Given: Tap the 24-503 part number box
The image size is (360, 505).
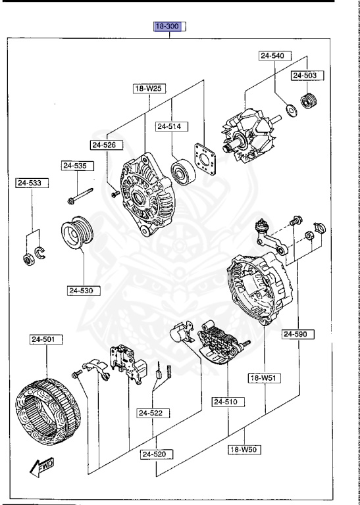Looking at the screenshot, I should tap(305, 76).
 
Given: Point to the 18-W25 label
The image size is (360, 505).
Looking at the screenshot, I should tap(149, 88).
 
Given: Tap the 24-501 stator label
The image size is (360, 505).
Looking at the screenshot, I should tap(46, 340).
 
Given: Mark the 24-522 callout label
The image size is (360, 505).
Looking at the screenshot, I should tap(153, 413).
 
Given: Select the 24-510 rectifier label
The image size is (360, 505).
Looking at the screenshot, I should tap(228, 401).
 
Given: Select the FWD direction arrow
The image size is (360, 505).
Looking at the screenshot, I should tap(42, 469).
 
